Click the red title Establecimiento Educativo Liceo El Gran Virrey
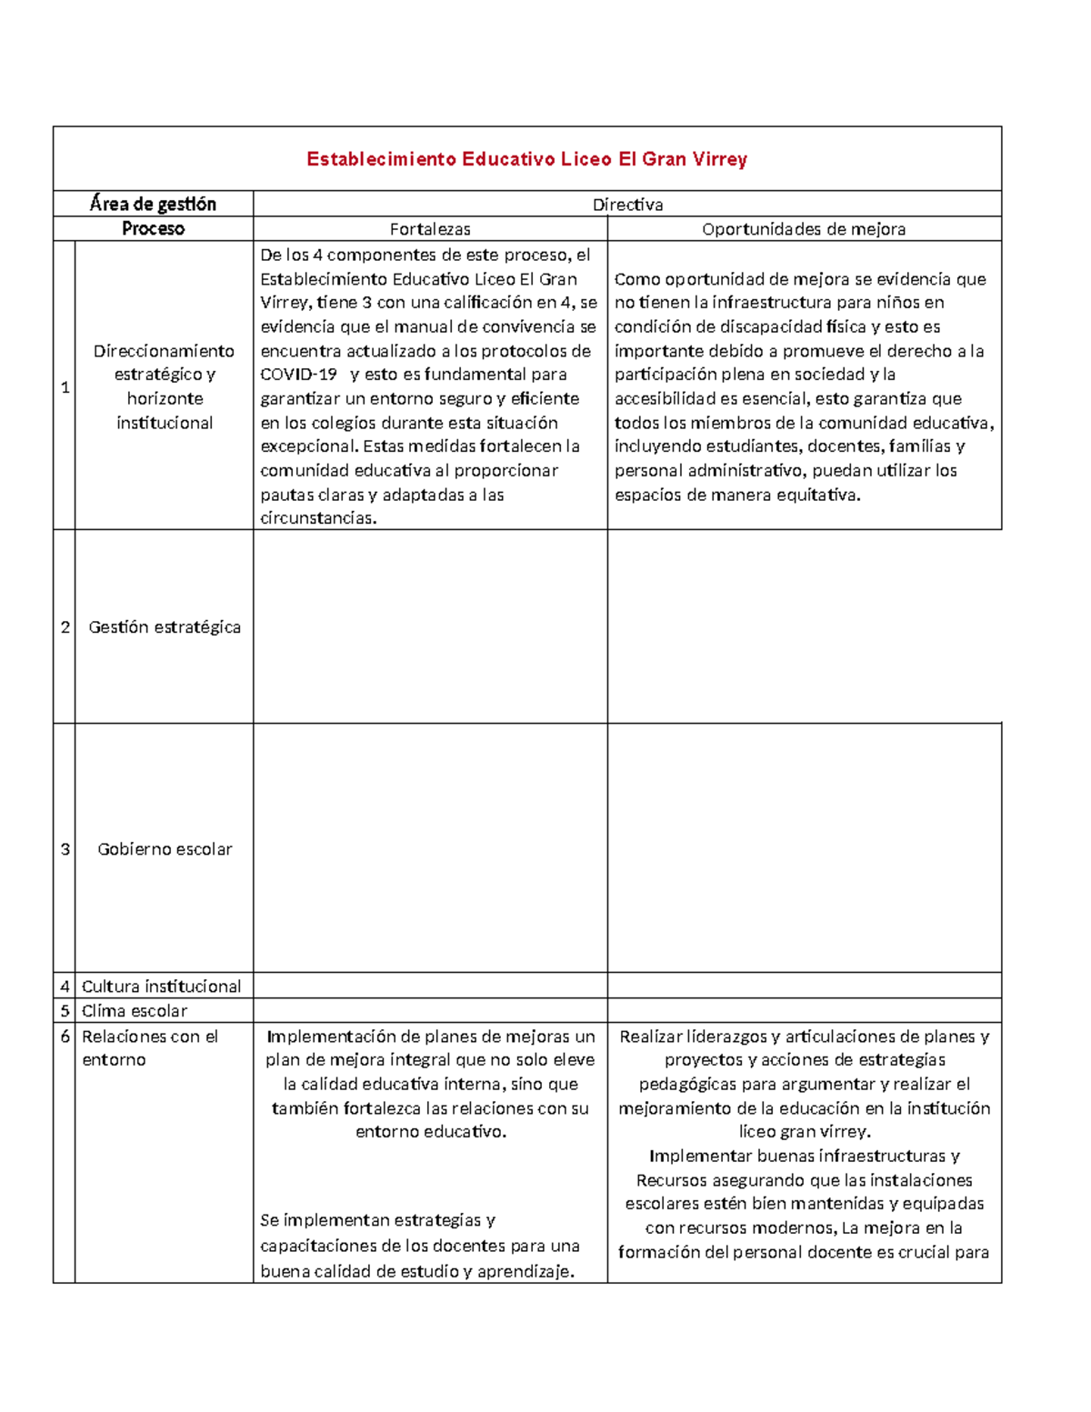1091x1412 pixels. (x=526, y=159)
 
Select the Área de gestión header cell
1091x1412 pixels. (x=153, y=204)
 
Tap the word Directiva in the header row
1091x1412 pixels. (x=627, y=205)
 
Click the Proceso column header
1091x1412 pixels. (x=153, y=228)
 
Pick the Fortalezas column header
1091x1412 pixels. (x=430, y=229)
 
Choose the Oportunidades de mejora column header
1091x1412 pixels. (x=804, y=229)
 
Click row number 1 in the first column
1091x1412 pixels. (x=65, y=386)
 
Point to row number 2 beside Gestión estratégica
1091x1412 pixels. (x=65, y=626)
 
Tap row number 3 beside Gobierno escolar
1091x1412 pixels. (x=65, y=848)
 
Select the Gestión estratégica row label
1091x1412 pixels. (x=165, y=626)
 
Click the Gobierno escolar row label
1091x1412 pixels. (x=165, y=848)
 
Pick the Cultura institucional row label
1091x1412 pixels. (x=161, y=986)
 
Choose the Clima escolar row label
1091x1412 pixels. (x=135, y=1010)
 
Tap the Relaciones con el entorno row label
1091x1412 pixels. (x=150, y=1047)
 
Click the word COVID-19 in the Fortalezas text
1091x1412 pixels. (x=298, y=374)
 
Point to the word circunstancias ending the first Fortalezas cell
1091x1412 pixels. (x=317, y=518)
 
